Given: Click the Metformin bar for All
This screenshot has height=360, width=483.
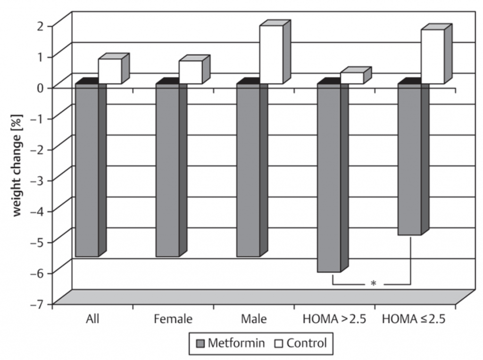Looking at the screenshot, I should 87,170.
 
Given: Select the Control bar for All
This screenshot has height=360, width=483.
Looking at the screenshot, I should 110,71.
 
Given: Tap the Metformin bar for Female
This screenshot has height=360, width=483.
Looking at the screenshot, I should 167,170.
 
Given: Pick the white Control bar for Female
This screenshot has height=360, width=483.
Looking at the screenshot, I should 191,72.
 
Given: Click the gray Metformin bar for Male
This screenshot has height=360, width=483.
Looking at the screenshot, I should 248,170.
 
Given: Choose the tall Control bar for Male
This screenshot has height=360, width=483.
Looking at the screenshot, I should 271,54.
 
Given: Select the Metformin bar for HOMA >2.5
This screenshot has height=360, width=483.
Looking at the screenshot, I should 329,178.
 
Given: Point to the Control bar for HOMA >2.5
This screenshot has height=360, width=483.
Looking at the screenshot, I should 352,78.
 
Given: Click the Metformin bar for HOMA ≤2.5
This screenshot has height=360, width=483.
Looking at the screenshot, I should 409,159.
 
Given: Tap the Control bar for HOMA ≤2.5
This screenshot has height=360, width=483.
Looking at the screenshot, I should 433,57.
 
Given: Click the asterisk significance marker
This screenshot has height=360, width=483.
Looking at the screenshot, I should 373,284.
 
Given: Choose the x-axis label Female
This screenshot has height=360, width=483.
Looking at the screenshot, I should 173,319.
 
